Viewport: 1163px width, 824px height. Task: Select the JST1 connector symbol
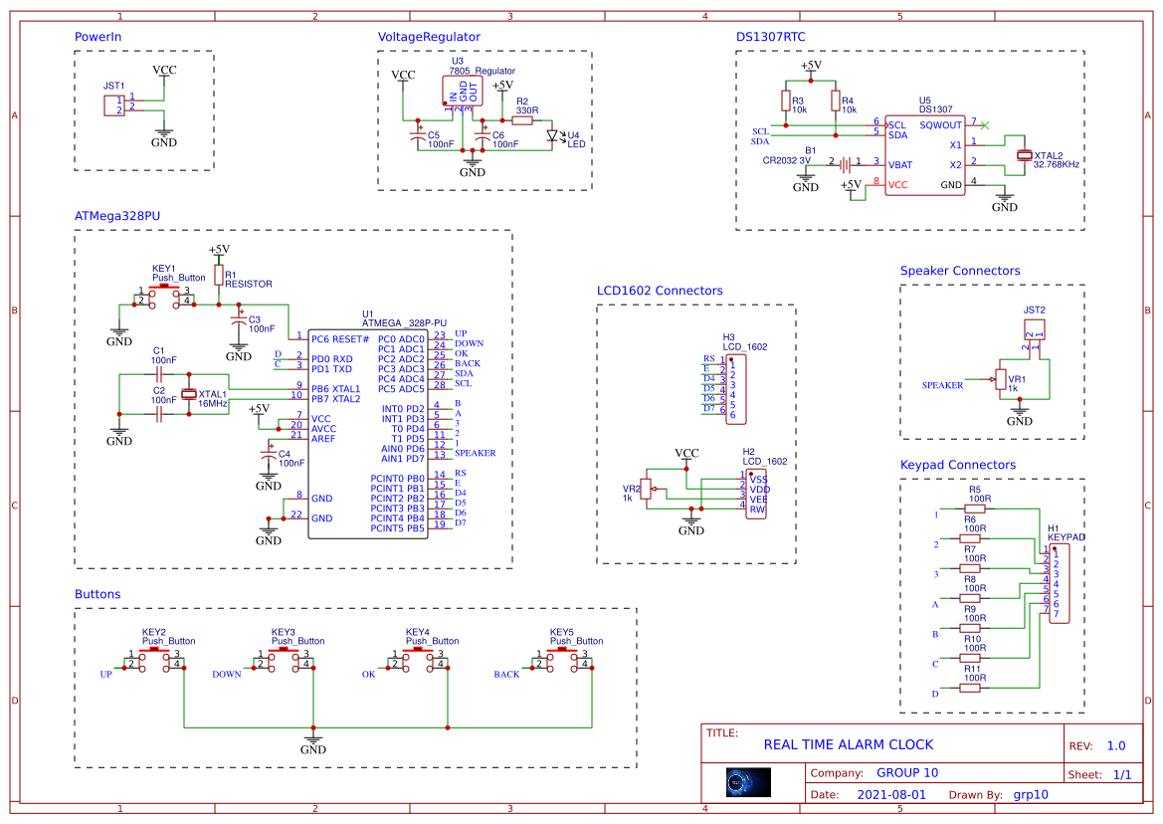click(114, 104)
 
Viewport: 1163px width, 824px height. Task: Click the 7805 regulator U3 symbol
click(463, 93)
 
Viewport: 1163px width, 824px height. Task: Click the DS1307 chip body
click(924, 155)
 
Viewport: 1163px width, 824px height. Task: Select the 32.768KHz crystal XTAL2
click(1025, 155)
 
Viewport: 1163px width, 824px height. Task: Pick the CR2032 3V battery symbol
click(844, 164)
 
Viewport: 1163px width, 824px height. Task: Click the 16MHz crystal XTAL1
click(189, 394)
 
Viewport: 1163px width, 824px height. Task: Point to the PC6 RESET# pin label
click(339, 339)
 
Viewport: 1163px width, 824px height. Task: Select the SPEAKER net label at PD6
click(475, 453)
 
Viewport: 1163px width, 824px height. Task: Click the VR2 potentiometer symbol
click(647, 489)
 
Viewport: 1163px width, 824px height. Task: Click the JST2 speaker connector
click(1035, 329)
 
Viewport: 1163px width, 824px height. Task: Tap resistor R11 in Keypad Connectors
click(974, 688)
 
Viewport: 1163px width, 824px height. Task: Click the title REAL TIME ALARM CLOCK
click(848, 744)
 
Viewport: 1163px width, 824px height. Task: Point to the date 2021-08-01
click(890, 795)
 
